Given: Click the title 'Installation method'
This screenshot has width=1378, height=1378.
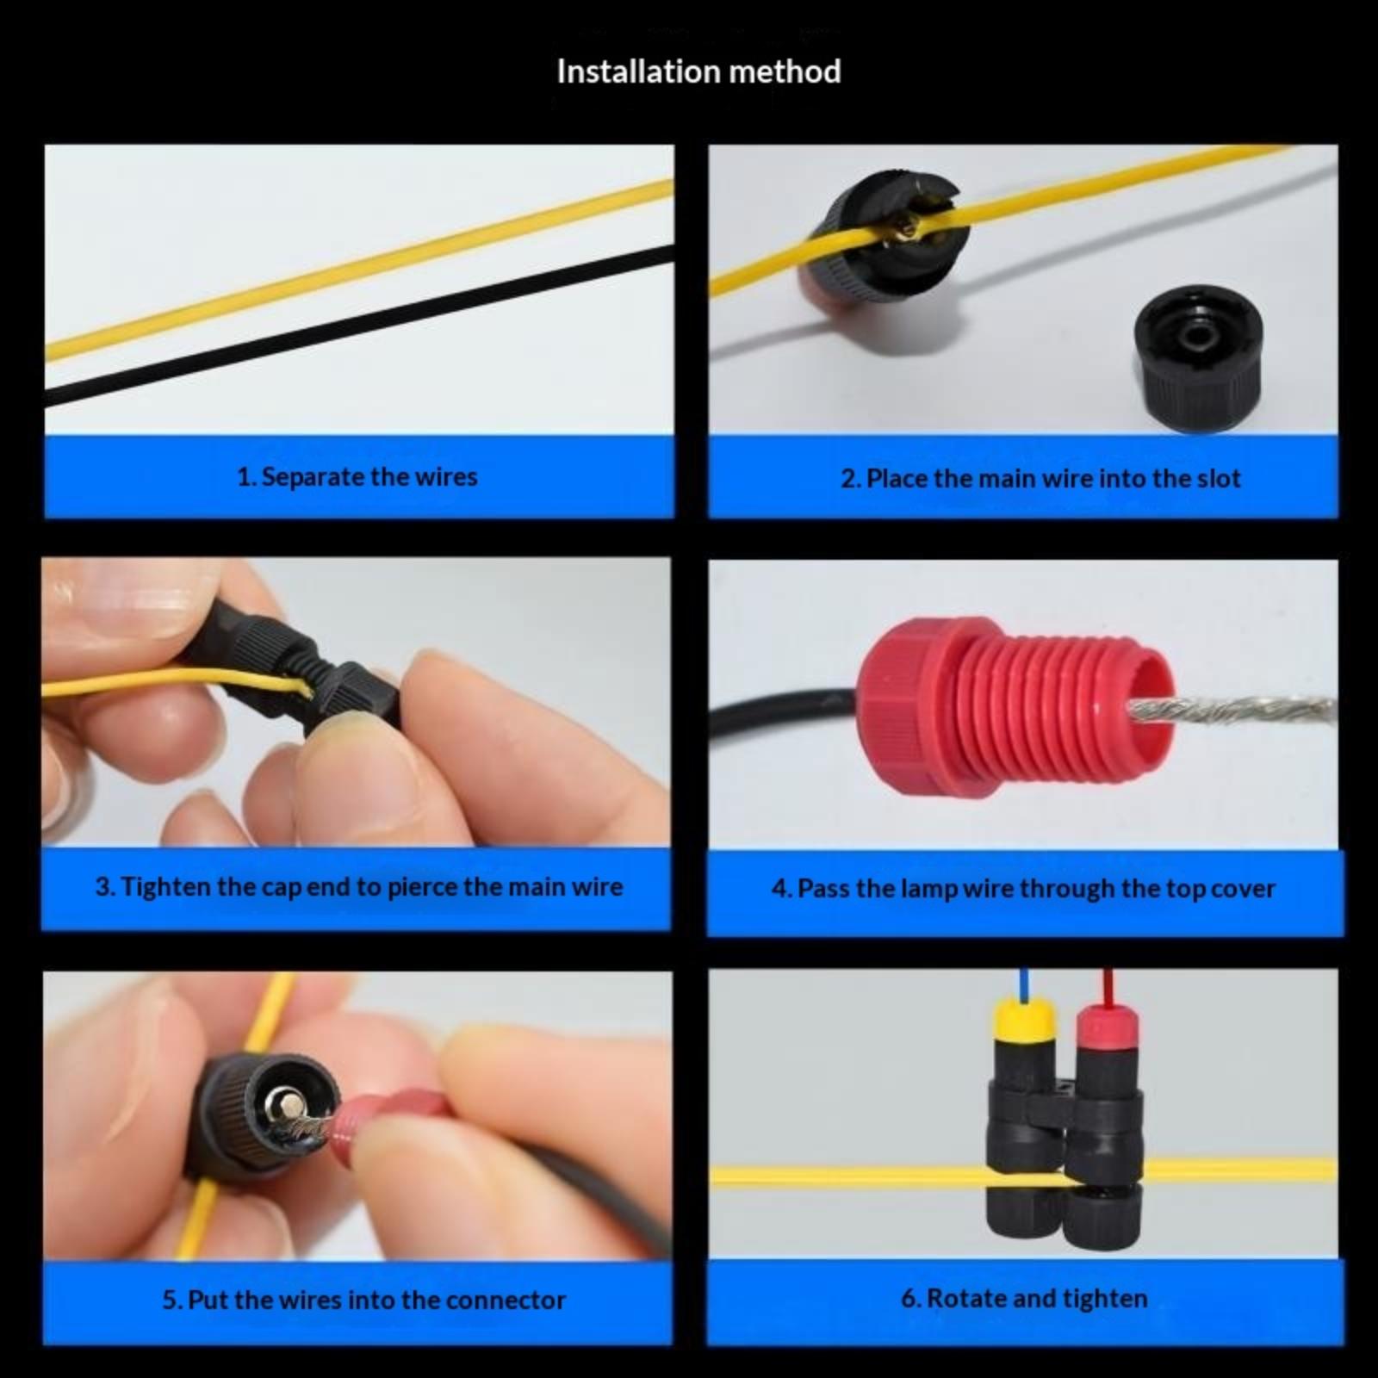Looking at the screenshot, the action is [x=698, y=71].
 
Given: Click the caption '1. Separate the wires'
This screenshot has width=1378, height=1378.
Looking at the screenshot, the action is [x=357, y=476].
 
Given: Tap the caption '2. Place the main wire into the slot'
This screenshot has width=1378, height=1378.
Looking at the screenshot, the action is [x=1040, y=478].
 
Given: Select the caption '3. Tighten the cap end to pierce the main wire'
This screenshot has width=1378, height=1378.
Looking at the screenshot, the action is [x=358, y=887].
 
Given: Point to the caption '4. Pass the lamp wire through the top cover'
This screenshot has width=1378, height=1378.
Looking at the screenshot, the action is [x=1023, y=888].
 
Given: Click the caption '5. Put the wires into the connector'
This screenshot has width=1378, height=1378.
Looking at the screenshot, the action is [x=363, y=1300].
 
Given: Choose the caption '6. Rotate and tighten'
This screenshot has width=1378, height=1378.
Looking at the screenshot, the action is [x=1024, y=1298].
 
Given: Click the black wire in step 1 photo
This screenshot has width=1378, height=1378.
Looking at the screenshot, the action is [x=359, y=326].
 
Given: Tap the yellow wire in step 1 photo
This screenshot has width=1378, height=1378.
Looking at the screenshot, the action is [x=359, y=270].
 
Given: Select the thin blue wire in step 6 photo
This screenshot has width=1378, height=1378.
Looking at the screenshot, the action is [x=1022, y=983].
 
